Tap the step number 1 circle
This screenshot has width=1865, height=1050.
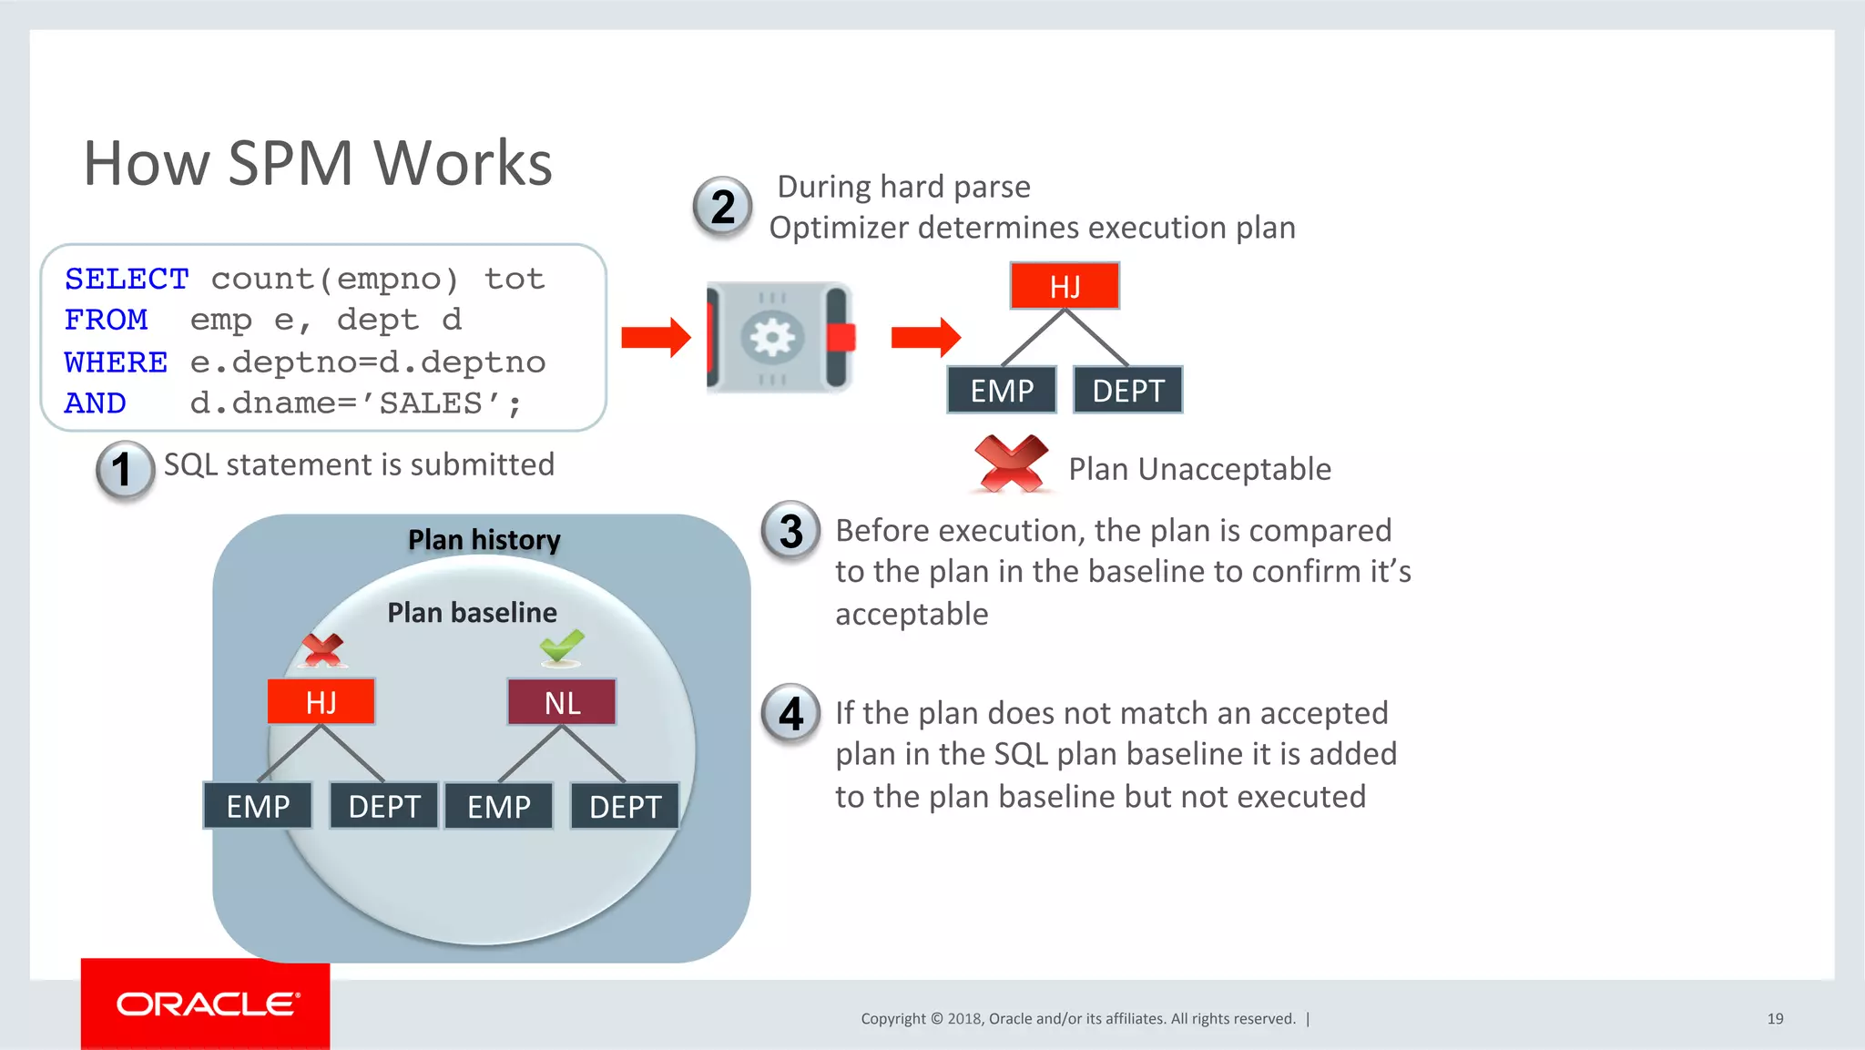tap(124, 470)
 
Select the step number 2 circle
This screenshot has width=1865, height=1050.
tap(722, 207)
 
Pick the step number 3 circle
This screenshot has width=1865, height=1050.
tap(790, 531)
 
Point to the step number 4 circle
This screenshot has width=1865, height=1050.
tap(790, 713)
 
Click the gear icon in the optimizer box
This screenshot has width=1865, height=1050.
tap(772, 339)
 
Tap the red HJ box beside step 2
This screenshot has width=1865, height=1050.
tap(1065, 286)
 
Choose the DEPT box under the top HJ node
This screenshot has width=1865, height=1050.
tap(1127, 391)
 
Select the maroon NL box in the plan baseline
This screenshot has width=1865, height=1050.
tap(562, 702)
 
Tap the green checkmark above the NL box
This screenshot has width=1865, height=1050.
tap(561, 647)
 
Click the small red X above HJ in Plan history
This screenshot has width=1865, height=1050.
tap(322, 649)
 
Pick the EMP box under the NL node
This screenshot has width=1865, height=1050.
tap(499, 806)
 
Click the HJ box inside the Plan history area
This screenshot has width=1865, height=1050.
tap(321, 701)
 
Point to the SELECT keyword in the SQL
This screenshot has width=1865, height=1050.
tap(127, 279)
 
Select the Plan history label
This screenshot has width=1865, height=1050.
tap(484, 540)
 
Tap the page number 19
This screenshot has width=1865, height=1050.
tap(1775, 1018)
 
